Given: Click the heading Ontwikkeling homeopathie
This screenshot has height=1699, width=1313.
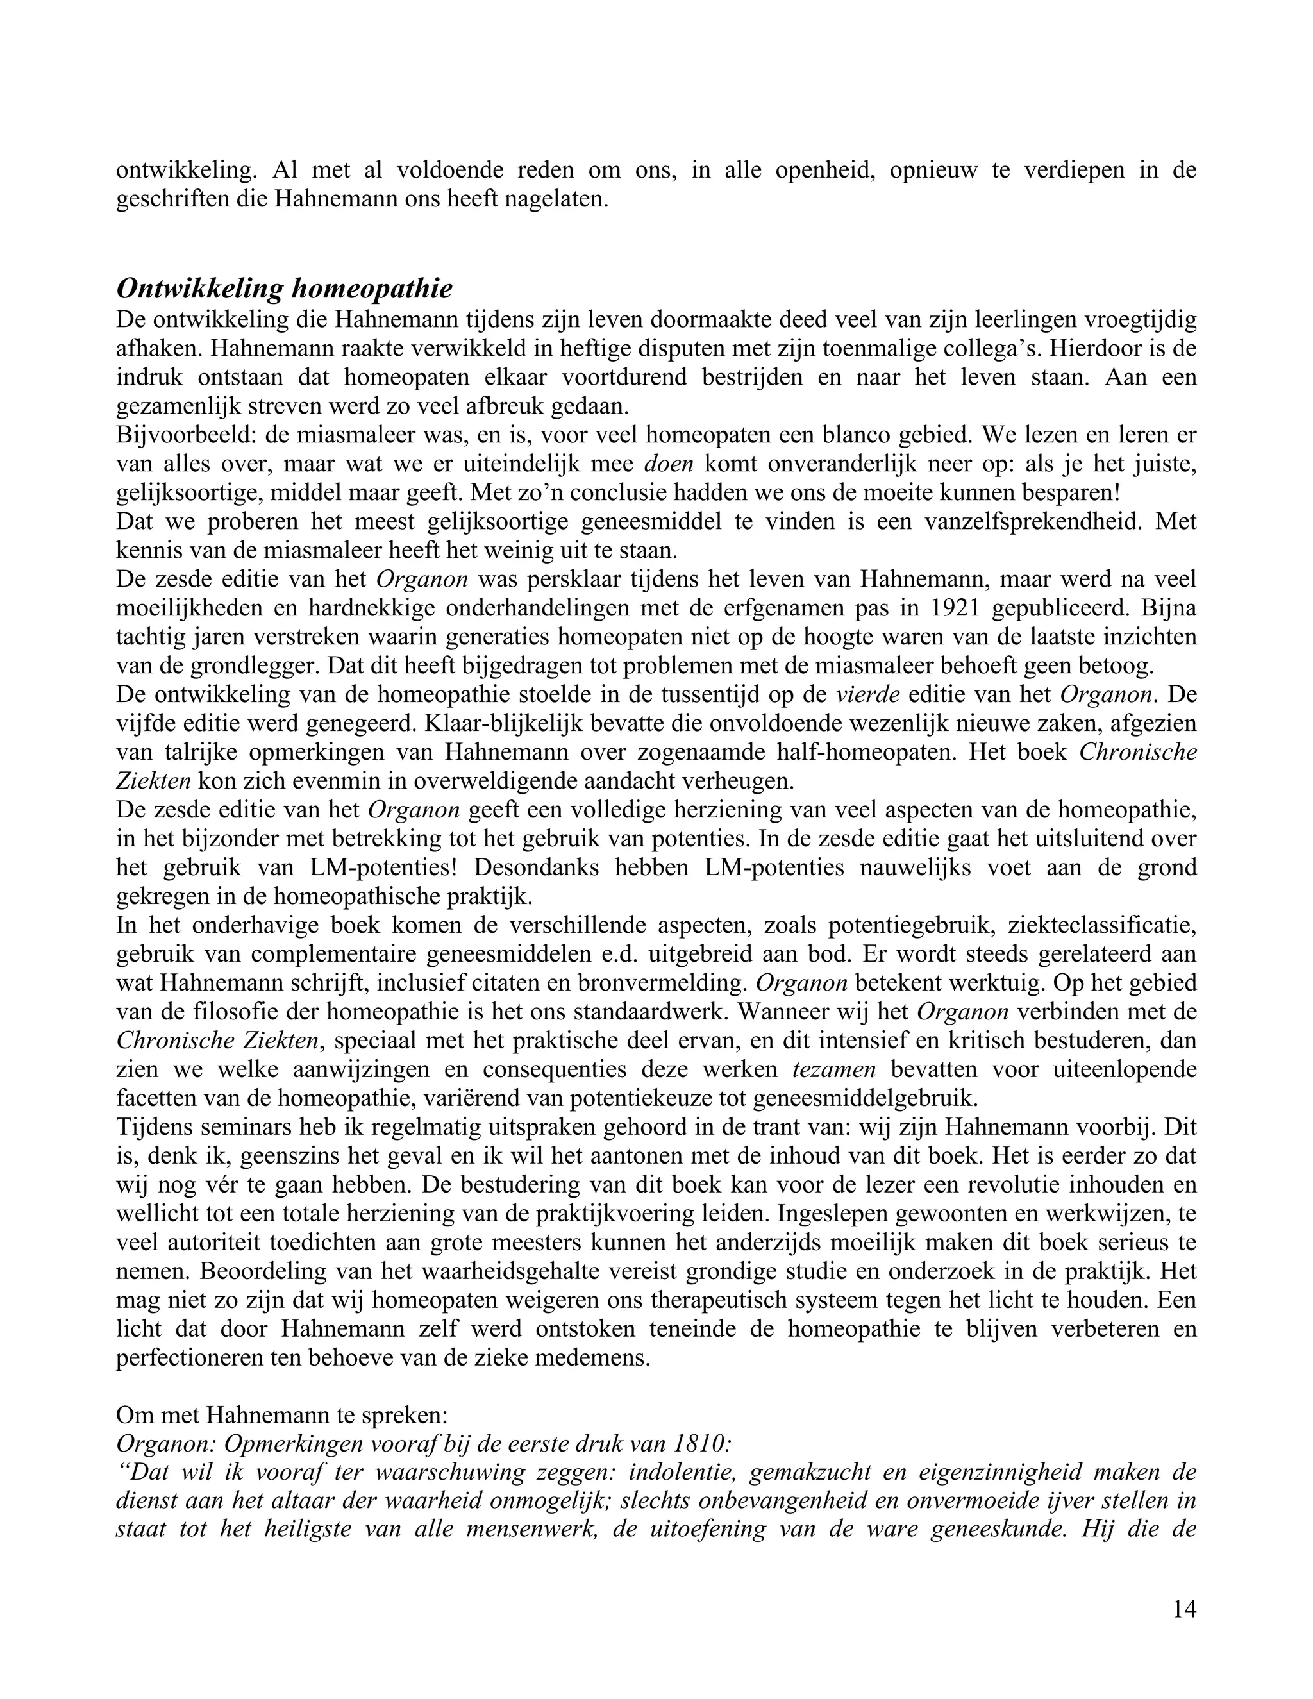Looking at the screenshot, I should [284, 289].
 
